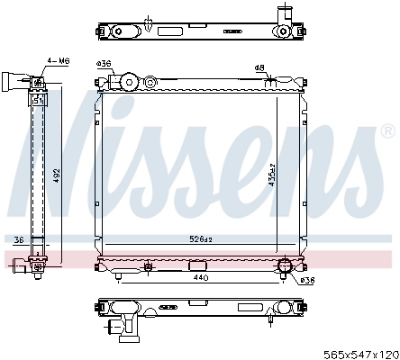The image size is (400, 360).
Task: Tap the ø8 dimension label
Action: (259, 67)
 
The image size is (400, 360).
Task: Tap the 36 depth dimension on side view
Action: (18, 239)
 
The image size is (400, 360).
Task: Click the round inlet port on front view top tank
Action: (128, 82)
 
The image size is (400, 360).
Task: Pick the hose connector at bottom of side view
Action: (37, 265)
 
